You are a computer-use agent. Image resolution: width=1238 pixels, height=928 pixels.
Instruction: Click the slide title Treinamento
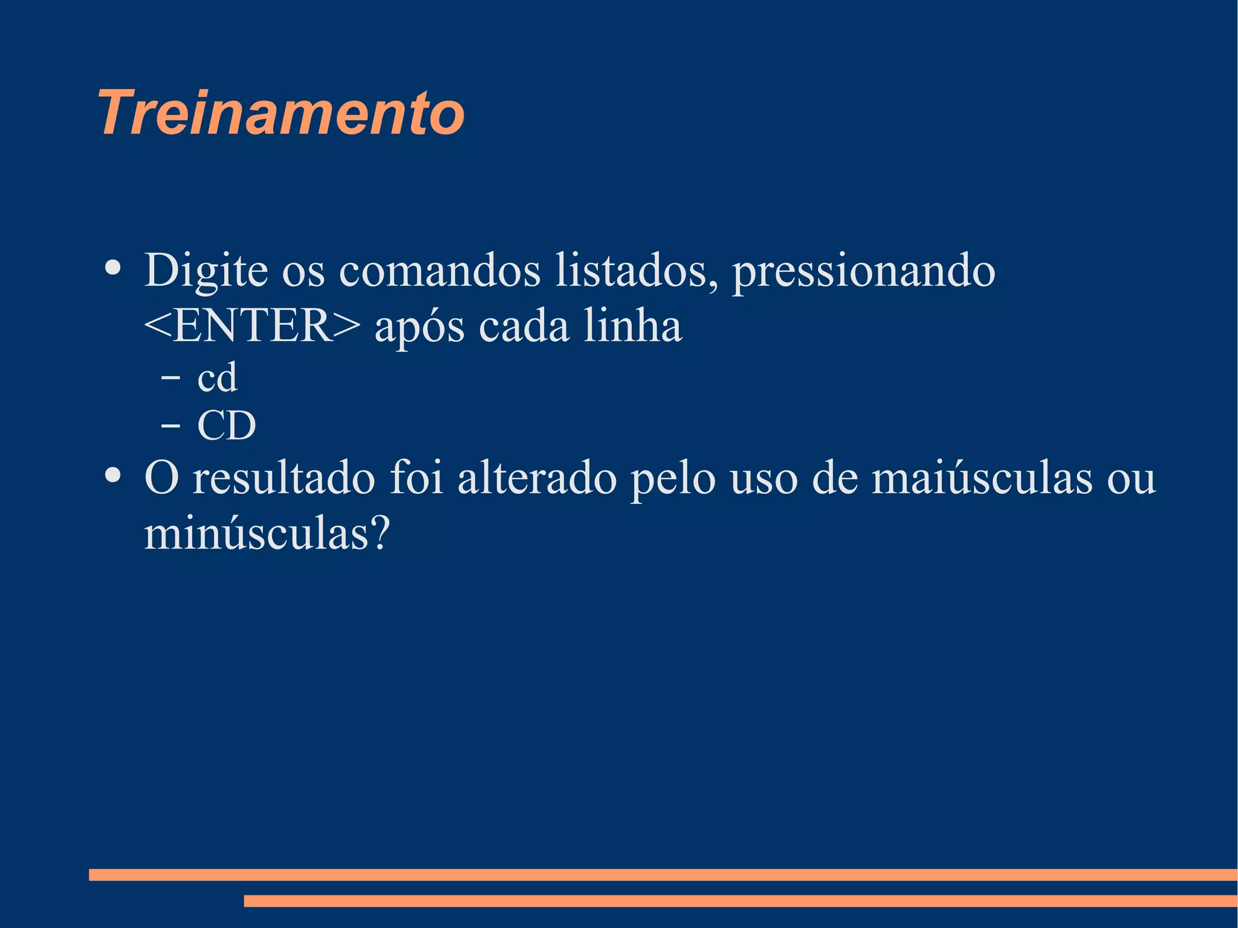pyautogui.click(x=281, y=113)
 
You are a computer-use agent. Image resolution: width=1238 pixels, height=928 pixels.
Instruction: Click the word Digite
pyautogui.click(x=206, y=270)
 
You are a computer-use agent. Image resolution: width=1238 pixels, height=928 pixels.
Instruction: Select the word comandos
pyautogui.click(x=439, y=270)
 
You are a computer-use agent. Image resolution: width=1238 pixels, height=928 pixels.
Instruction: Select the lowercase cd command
pyautogui.click(x=218, y=378)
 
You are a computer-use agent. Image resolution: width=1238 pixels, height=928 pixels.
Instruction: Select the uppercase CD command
pyautogui.click(x=227, y=426)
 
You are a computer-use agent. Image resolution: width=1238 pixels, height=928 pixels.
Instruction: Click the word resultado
pyautogui.click(x=284, y=478)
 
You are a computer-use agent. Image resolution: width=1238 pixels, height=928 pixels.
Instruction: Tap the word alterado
pyautogui.click(x=537, y=478)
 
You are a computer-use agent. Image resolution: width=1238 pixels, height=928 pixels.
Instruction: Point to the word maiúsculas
pyautogui.click(x=982, y=478)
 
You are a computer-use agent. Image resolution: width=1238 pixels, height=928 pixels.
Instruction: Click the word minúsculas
pyautogui.click(x=267, y=533)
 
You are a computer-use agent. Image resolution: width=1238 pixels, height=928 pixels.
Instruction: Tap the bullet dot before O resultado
pyautogui.click(x=112, y=475)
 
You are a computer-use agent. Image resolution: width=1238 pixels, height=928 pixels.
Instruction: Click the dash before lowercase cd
pyautogui.click(x=170, y=378)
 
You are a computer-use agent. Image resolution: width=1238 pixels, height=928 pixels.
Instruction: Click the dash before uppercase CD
pyautogui.click(x=170, y=426)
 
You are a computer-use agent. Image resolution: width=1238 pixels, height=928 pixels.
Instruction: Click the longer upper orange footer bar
pyautogui.click(x=663, y=874)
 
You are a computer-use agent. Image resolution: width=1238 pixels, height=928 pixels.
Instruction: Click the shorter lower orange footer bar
pyautogui.click(x=740, y=901)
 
